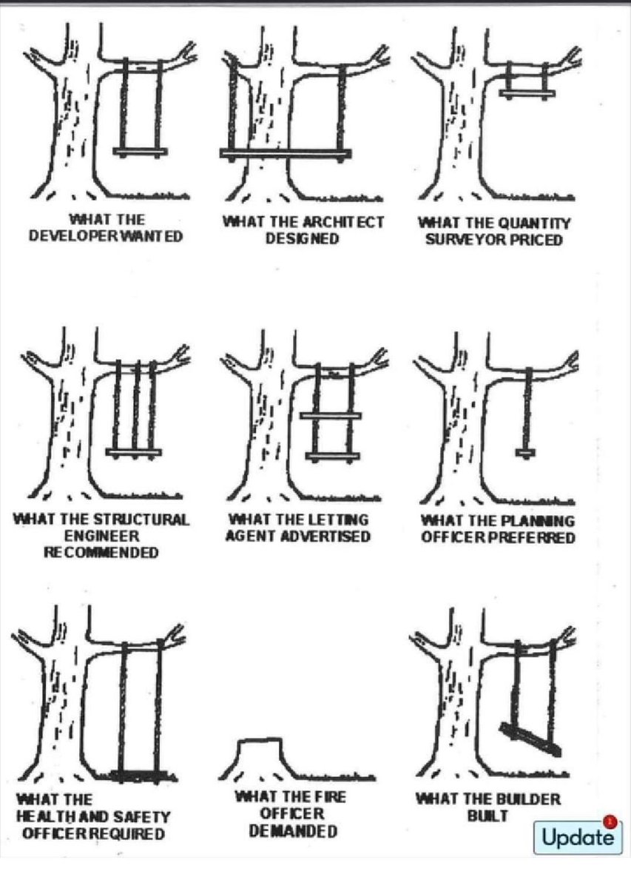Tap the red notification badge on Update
click(x=610, y=821)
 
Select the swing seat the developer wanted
click(x=141, y=152)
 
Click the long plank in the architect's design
click(x=286, y=154)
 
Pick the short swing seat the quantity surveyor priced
click(x=526, y=93)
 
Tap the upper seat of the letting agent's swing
click(x=331, y=417)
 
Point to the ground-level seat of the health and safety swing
click(x=141, y=775)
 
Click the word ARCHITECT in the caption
click(x=343, y=222)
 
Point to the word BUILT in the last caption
click(x=487, y=815)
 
